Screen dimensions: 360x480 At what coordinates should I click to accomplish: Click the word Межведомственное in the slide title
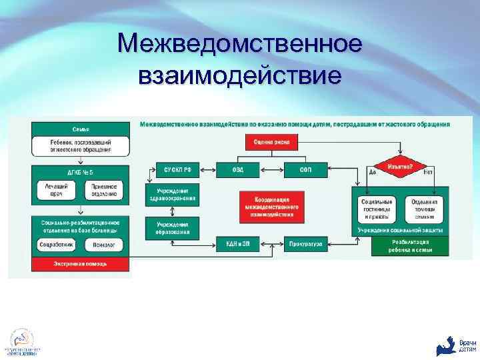(x=239, y=45)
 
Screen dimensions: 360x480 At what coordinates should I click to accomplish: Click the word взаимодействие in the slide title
(x=239, y=74)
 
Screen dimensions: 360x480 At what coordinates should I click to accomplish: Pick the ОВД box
(x=238, y=170)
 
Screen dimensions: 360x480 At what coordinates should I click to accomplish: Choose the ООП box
(x=305, y=170)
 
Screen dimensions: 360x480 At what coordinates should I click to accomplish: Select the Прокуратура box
(x=305, y=245)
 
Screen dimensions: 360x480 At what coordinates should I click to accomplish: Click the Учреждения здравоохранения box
(x=172, y=194)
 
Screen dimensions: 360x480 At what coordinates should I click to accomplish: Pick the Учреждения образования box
(x=172, y=229)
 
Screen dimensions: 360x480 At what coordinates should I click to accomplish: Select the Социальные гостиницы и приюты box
(x=375, y=209)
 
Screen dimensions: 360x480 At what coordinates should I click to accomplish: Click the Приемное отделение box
(x=105, y=191)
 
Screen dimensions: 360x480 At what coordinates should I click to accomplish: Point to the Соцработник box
(x=56, y=245)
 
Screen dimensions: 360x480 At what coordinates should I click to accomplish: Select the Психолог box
(x=105, y=245)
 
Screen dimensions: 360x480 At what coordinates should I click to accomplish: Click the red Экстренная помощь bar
(x=81, y=264)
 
